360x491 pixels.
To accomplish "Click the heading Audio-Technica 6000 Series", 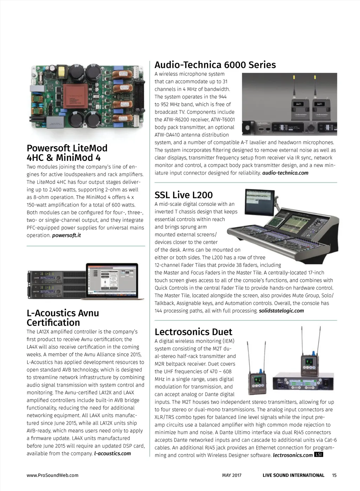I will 215,65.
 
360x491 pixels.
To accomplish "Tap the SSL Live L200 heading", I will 184,195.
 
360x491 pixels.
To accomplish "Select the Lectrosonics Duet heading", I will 193,332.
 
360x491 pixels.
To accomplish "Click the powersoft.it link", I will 66,235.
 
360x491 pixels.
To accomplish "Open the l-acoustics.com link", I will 112,453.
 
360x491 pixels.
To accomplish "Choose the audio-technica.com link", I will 285,173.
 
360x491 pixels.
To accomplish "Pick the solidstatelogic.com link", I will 281,311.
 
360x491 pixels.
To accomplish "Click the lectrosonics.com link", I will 292,455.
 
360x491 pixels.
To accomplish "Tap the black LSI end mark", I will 319,454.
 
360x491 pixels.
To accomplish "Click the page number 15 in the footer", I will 334,475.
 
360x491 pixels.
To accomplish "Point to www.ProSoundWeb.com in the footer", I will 52,475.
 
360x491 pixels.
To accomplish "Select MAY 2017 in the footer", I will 232,475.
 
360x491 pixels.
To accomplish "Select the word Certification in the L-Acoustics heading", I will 53,322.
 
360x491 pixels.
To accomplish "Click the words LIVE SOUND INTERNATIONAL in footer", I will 293,475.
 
